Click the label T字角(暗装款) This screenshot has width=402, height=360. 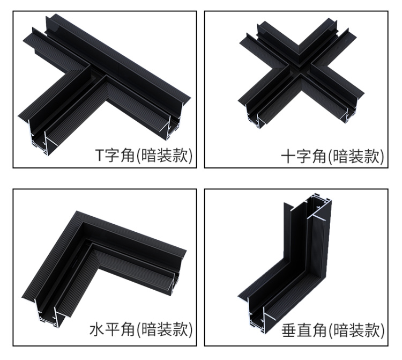click(143, 156)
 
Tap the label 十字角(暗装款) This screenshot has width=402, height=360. click(333, 156)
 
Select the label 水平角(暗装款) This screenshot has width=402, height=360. click(141, 330)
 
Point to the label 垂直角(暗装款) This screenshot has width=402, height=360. click(333, 330)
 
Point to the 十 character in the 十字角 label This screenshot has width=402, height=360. click(288, 157)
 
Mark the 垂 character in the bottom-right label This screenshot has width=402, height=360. click(289, 330)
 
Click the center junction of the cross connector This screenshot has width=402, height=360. click(300, 70)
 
